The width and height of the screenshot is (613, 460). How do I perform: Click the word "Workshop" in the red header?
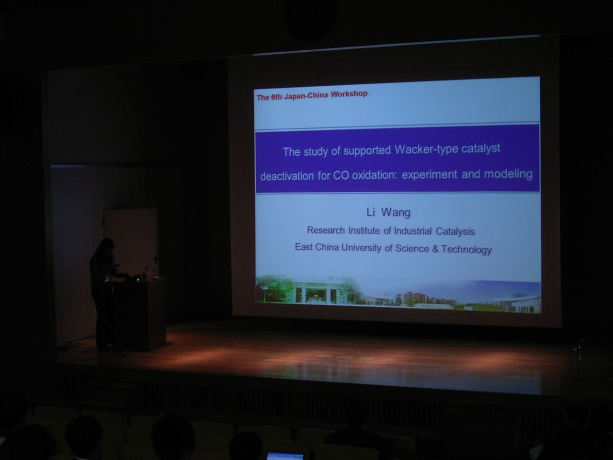point(349,94)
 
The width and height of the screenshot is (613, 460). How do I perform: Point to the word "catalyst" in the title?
point(481,149)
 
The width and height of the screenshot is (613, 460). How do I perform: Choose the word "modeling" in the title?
point(508,174)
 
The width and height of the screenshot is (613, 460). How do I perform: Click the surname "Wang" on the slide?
point(396,213)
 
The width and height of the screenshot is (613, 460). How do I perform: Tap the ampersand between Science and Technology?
point(435,249)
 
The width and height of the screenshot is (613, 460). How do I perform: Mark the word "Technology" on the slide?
point(466,249)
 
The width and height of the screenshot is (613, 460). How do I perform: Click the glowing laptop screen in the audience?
point(285,456)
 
